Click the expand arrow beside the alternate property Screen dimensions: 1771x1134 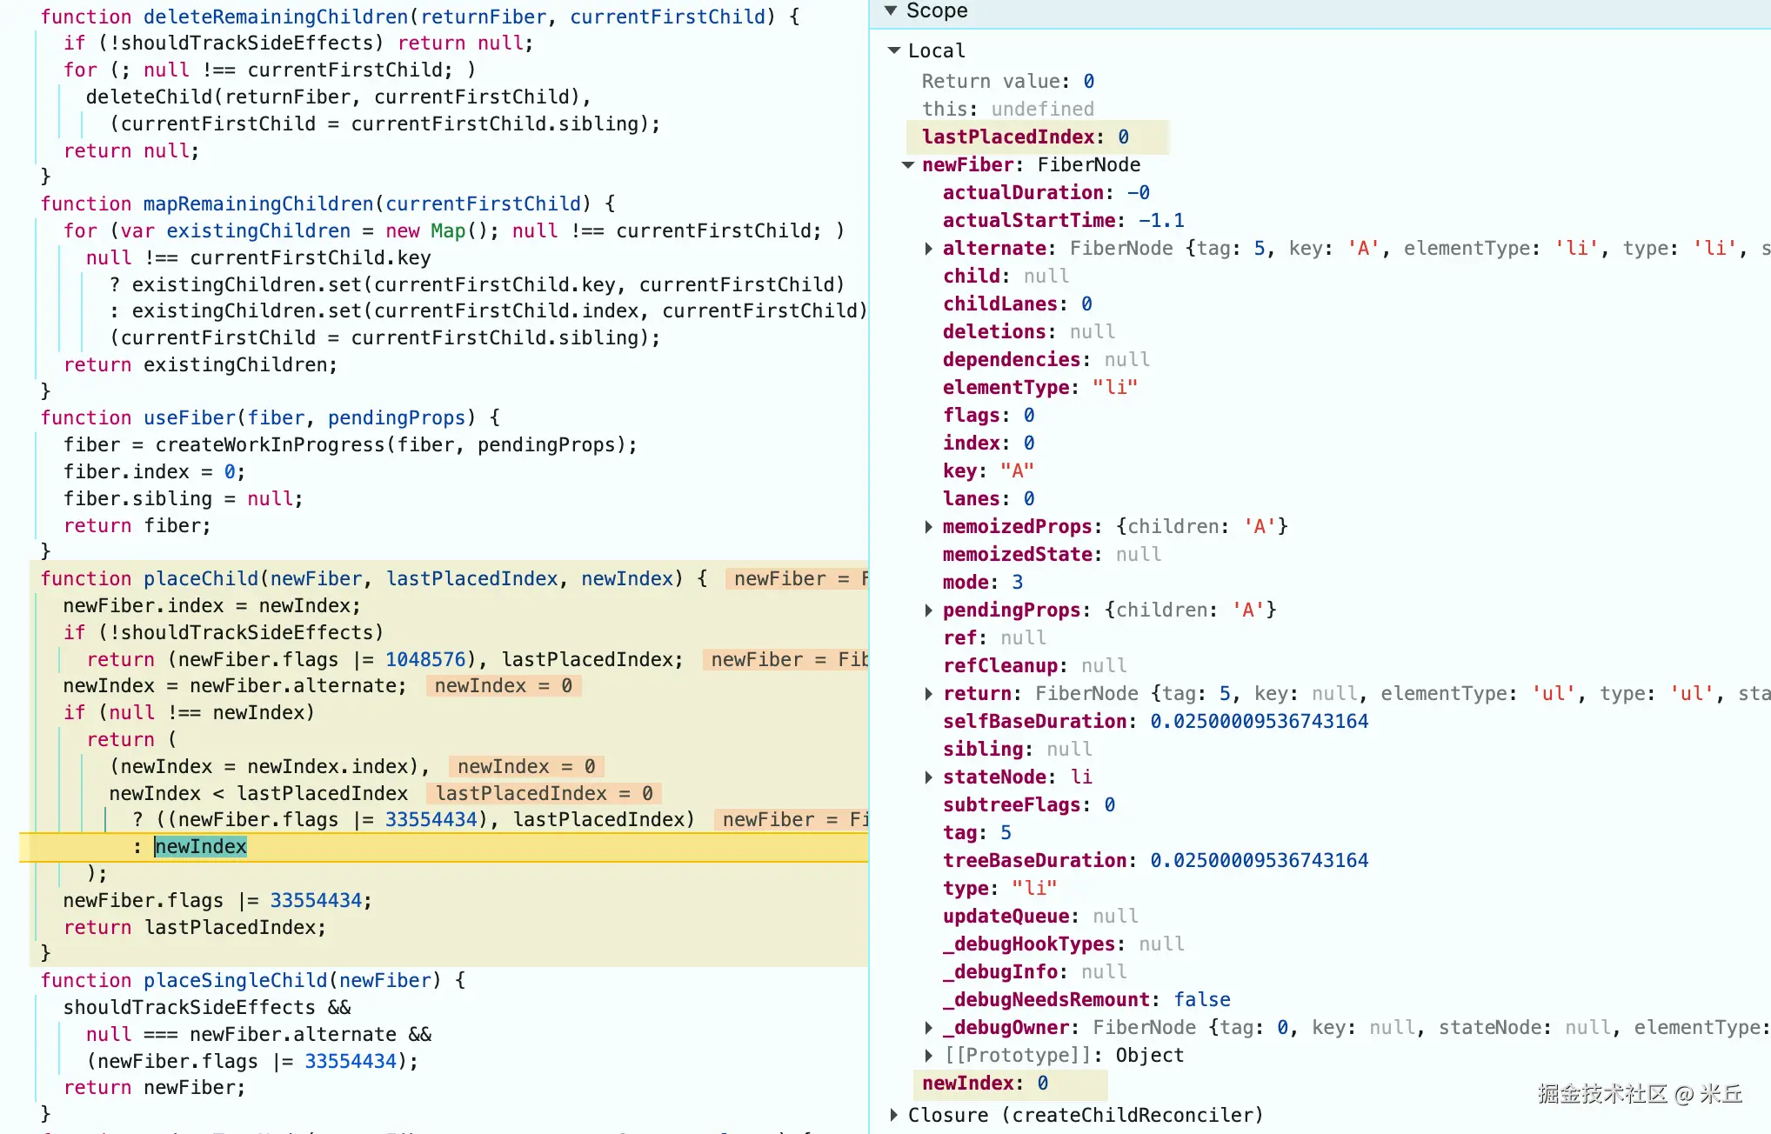(929, 249)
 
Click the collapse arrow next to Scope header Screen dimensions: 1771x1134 (891, 10)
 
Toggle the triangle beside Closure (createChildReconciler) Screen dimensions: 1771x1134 (893, 1115)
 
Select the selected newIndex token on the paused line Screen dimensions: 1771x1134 (201, 846)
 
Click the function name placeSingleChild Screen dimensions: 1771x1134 (236, 980)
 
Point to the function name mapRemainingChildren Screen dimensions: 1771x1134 (258, 203)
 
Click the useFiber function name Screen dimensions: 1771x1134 (190, 417)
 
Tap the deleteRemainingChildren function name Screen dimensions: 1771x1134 (276, 17)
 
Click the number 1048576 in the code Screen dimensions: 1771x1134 (425, 659)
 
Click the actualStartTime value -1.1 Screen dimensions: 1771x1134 (1161, 220)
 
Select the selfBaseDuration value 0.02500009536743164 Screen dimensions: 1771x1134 (1259, 721)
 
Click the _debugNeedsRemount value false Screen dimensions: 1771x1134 (1202, 999)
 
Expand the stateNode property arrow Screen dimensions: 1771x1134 (929, 777)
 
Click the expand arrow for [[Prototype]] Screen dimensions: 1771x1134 (929, 1056)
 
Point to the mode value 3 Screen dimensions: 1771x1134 (1017, 582)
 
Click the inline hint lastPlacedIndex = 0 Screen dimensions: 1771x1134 (544, 793)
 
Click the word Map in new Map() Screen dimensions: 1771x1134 (448, 230)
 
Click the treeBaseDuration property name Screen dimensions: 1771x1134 (1034, 860)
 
